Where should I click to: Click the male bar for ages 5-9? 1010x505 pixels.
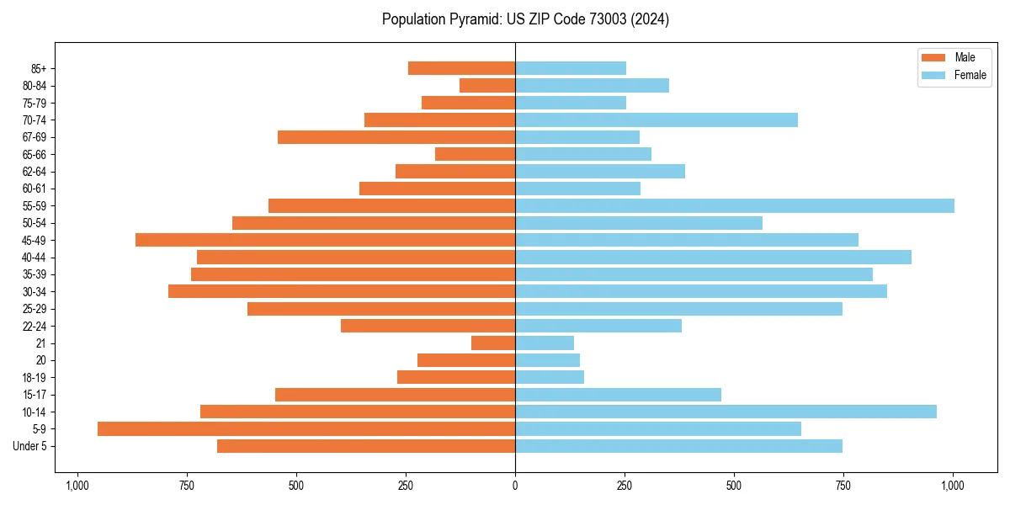click(x=306, y=429)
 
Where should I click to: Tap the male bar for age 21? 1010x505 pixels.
click(x=493, y=343)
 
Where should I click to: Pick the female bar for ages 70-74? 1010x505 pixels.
click(x=656, y=120)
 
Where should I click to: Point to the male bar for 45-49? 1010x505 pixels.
click(x=325, y=241)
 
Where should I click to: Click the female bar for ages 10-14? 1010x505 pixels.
click(x=726, y=412)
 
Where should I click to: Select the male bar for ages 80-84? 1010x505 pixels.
click(x=487, y=86)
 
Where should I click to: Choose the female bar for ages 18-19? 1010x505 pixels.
click(x=550, y=378)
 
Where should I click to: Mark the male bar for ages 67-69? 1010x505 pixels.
click(x=396, y=137)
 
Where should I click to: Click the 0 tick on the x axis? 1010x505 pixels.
click(x=515, y=486)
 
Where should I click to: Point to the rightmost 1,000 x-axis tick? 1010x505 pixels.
click(x=953, y=486)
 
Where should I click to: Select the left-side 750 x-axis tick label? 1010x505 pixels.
click(x=187, y=486)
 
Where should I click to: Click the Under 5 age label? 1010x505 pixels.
click(x=29, y=446)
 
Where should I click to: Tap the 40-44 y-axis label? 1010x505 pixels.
click(x=34, y=258)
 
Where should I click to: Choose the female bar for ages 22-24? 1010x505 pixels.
click(x=598, y=327)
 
